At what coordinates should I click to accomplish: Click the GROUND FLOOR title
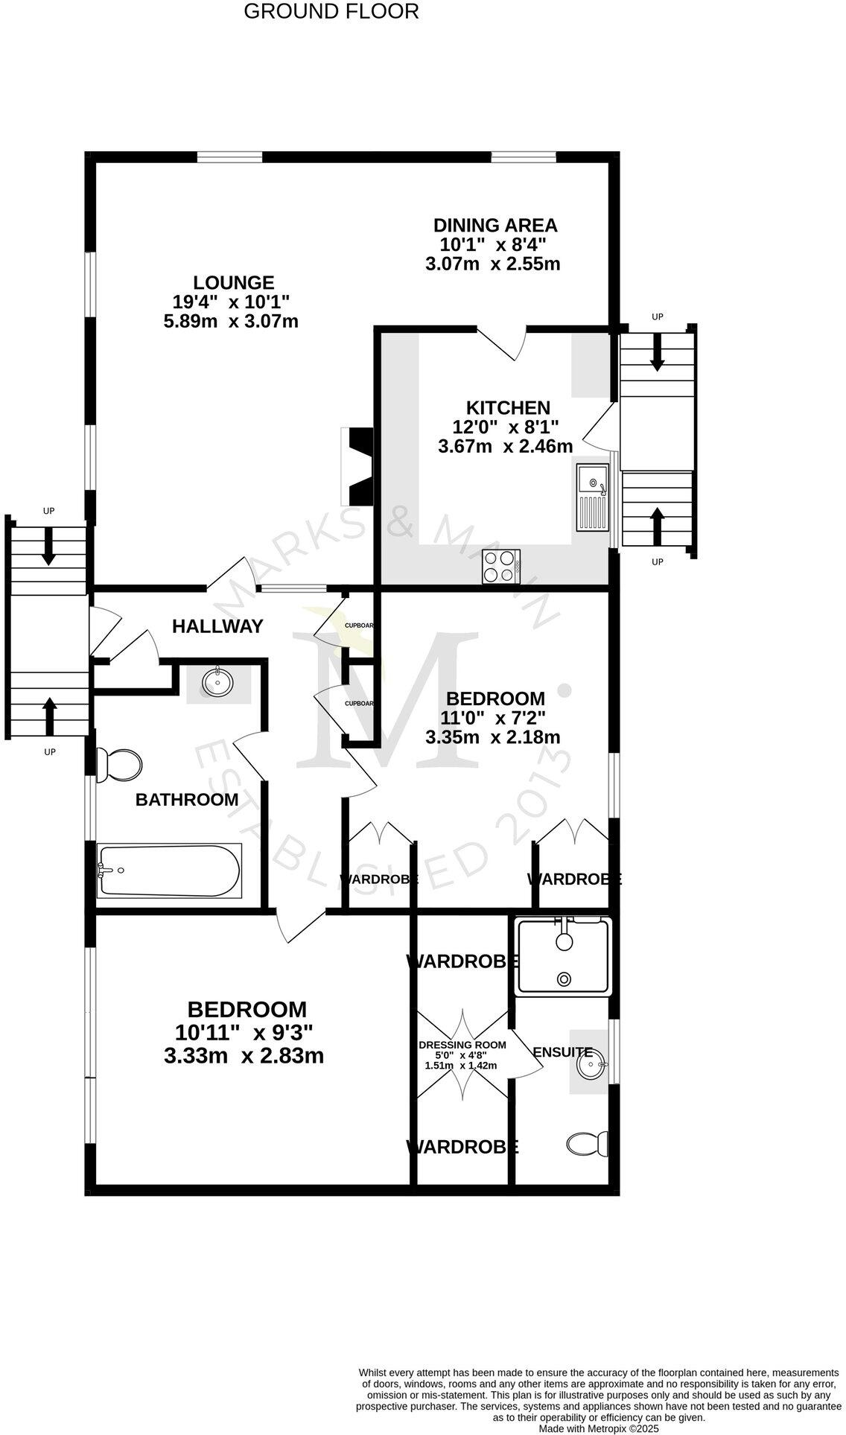pyautogui.click(x=331, y=12)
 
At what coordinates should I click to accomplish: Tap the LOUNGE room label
pyautogui.click(x=233, y=283)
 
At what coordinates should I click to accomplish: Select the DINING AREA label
pyautogui.click(x=495, y=225)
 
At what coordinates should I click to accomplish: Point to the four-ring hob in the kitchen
pyautogui.click(x=501, y=566)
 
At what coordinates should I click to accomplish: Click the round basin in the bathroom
pyautogui.click(x=217, y=681)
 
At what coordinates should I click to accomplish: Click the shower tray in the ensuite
pyautogui.click(x=564, y=956)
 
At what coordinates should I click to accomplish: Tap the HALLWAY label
pyautogui.click(x=217, y=626)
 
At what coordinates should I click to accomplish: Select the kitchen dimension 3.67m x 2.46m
pyautogui.click(x=506, y=446)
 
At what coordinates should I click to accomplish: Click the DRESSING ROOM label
pyautogui.click(x=462, y=1045)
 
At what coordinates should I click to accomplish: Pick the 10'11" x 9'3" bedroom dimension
pyautogui.click(x=244, y=1032)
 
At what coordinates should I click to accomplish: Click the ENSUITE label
pyautogui.click(x=562, y=1052)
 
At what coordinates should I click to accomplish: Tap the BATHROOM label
pyautogui.click(x=187, y=800)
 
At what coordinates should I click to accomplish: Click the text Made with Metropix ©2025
pyautogui.click(x=599, y=1428)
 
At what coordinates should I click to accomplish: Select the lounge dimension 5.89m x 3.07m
pyautogui.click(x=230, y=322)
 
